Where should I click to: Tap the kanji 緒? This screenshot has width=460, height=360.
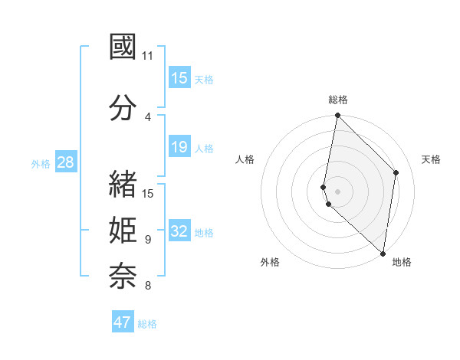(123, 184)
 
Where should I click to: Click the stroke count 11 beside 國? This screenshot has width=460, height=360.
(147, 56)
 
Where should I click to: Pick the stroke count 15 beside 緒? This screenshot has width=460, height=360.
(148, 193)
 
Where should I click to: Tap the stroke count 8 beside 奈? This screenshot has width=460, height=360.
(147, 286)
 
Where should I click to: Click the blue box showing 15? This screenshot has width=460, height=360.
(179, 78)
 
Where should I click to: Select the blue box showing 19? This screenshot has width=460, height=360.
(179, 147)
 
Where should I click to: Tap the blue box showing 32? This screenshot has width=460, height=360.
(179, 231)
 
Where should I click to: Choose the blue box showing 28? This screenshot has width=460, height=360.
(65, 162)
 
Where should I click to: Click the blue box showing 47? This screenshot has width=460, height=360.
(122, 322)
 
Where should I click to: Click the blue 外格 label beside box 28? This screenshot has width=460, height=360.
(41, 163)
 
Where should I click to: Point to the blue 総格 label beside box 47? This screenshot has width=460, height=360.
(147, 324)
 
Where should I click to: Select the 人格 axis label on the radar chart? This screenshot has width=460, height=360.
(245, 159)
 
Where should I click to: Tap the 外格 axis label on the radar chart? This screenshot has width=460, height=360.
(269, 262)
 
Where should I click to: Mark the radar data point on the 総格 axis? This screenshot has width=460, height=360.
(337, 116)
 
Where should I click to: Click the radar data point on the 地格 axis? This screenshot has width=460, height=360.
(383, 253)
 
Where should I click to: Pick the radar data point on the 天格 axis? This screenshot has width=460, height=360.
(396, 172)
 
